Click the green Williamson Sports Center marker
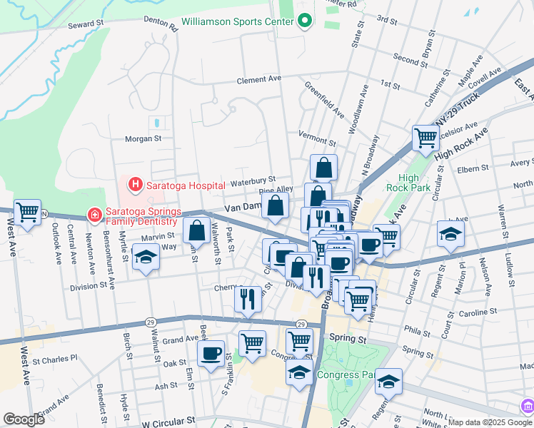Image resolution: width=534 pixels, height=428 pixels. pyautogui.click(x=305, y=21)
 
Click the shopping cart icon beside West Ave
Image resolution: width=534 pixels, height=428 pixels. pyautogui.click(x=27, y=212)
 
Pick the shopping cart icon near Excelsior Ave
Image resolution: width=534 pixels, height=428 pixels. pyautogui.click(x=425, y=137)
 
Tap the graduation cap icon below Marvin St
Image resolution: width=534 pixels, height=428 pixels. pyautogui.click(x=146, y=258)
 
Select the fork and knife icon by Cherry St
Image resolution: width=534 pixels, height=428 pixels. pyautogui.click(x=248, y=298)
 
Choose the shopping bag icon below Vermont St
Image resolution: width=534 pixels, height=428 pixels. pyautogui.click(x=323, y=168)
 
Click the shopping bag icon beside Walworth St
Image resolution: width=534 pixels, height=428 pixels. pyautogui.click(x=196, y=230)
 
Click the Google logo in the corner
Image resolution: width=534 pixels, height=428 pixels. pyautogui.click(x=24, y=419)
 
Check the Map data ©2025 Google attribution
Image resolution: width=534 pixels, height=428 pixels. pyautogui.click(x=480, y=422)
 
